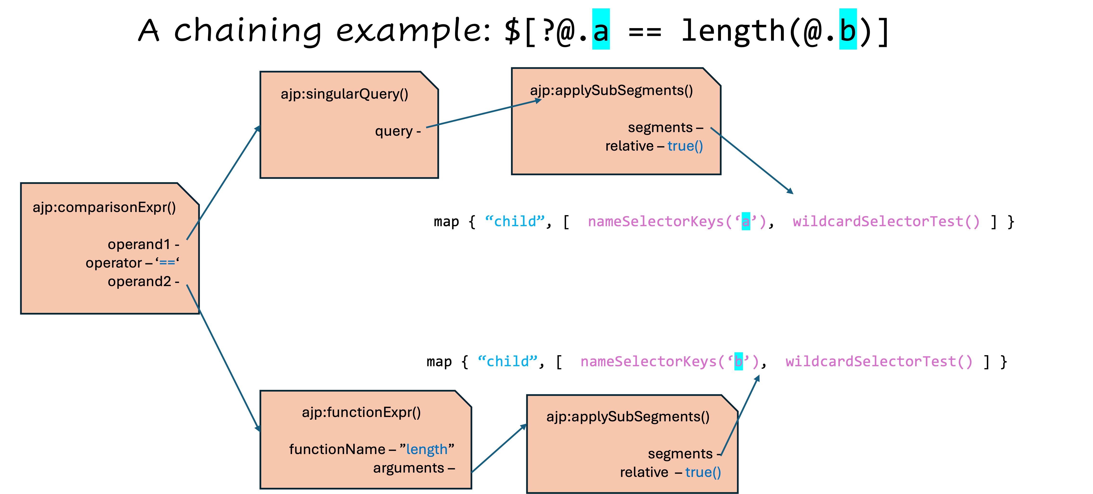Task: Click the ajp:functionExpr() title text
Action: coord(361,412)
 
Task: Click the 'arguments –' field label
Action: coord(414,468)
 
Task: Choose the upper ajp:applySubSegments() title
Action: coord(611,90)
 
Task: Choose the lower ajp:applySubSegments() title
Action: coord(628,417)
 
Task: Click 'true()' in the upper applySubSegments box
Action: coord(685,146)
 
